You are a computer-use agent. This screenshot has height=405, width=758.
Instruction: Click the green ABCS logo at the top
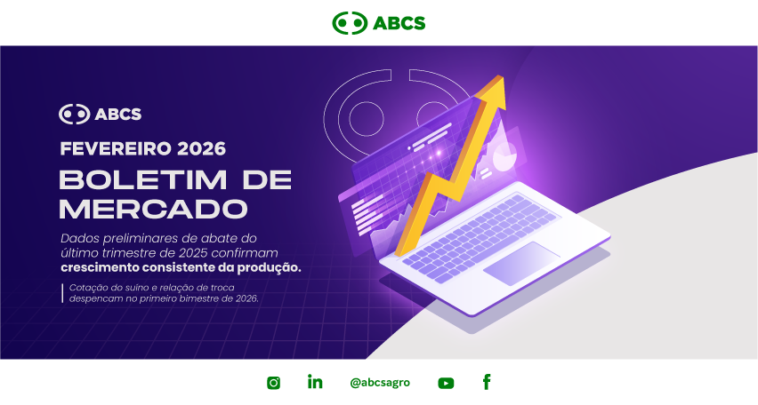pyautogui.click(x=378, y=23)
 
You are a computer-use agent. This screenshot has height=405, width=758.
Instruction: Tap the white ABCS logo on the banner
pyautogui.click(x=100, y=114)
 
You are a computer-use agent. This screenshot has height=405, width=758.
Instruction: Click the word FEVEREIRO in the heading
pyautogui.click(x=116, y=148)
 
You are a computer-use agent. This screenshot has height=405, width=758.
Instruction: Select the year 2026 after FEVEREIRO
pyautogui.click(x=201, y=148)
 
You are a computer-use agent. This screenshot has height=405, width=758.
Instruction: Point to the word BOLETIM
pyautogui.click(x=143, y=180)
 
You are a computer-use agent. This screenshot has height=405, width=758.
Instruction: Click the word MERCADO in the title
pyautogui.click(x=153, y=209)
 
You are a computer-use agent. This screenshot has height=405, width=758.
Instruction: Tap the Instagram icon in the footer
pyautogui.click(x=274, y=383)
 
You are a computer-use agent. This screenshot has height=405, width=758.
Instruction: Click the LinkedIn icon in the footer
pyautogui.click(x=315, y=382)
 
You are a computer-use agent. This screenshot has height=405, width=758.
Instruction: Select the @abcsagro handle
pyautogui.click(x=380, y=383)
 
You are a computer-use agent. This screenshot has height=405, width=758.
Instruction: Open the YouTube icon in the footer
pyautogui.click(x=446, y=383)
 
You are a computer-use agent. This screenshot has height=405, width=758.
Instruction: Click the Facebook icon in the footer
pyautogui.click(x=487, y=382)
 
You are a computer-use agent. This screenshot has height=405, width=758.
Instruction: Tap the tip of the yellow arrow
pyautogui.click(x=504, y=77)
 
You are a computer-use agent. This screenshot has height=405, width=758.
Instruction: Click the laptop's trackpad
pyautogui.click(x=521, y=263)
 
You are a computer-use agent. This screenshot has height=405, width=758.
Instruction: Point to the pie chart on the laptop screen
pyautogui.click(x=504, y=156)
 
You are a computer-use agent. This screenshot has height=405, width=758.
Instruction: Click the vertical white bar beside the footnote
pyautogui.click(x=62, y=293)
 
